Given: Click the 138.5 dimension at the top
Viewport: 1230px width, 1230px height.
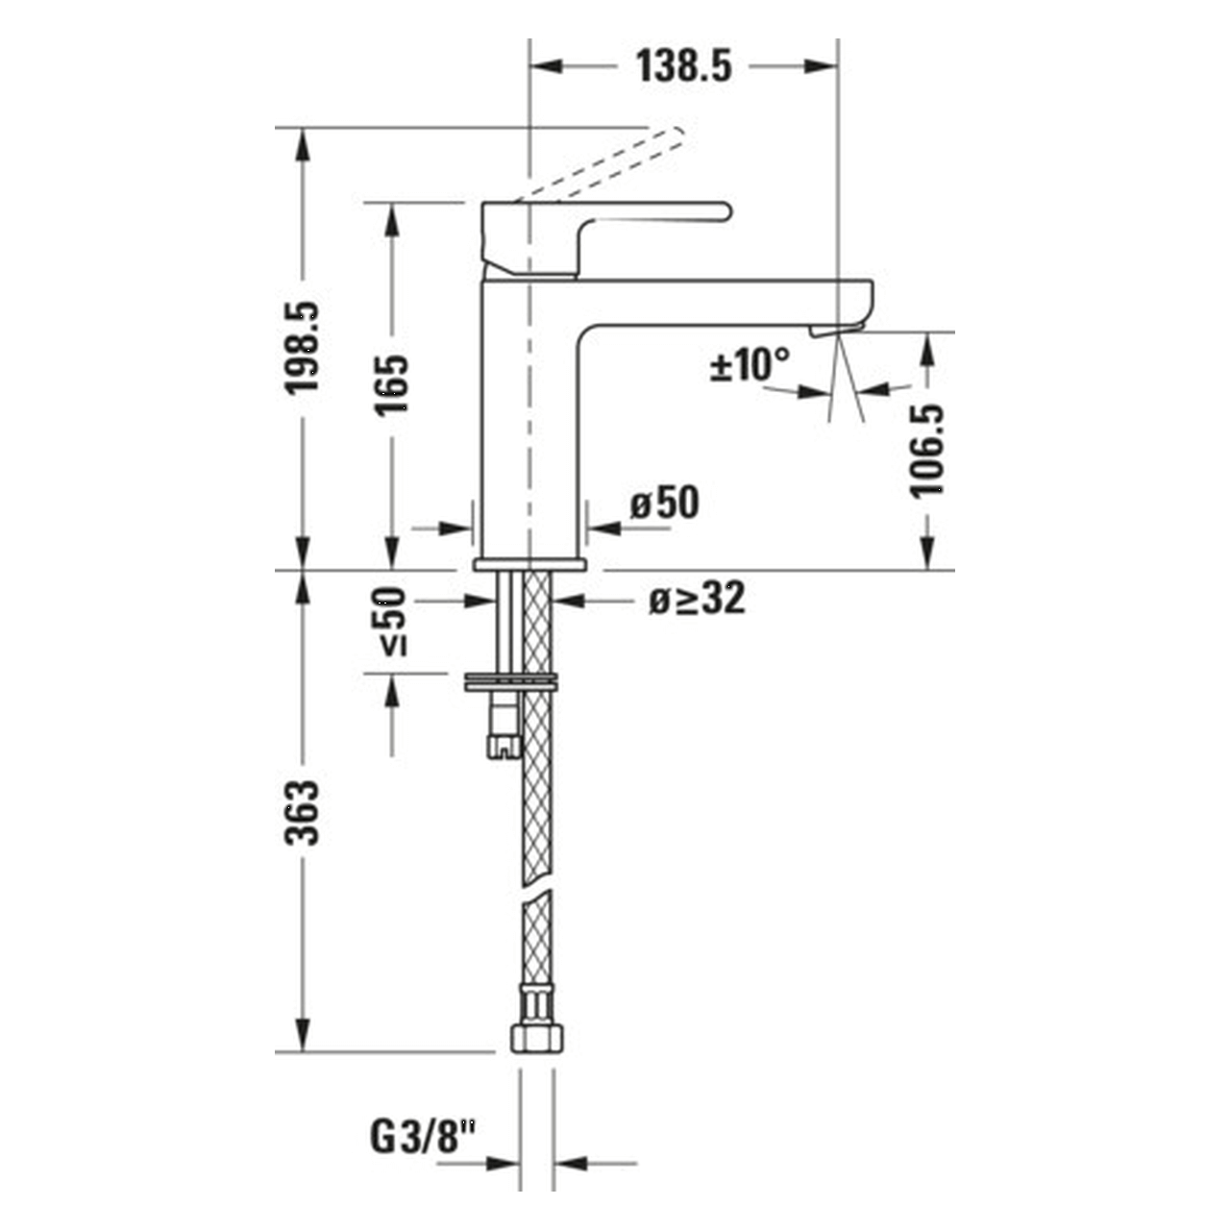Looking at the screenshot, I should click(x=683, y=66).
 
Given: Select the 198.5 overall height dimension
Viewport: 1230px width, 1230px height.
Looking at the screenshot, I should click(x=304, y=348).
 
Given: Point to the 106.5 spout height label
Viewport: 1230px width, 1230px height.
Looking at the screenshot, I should click(x=927, y=450).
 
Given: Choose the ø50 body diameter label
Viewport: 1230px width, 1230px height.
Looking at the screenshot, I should click(x=665, y=503).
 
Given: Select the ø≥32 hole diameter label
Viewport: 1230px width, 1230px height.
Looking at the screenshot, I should click(x=697, y=600).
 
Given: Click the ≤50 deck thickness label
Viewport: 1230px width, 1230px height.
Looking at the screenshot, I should click(x=391, y=621).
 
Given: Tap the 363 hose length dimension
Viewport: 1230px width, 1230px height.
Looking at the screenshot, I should click(x=304, y=812).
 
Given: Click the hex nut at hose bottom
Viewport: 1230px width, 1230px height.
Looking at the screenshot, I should click(x=537, y=1035).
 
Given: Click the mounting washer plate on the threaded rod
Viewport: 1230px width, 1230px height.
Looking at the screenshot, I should click(x=510, y=681).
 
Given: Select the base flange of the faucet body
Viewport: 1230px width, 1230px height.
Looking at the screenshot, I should click(x=530, y=563).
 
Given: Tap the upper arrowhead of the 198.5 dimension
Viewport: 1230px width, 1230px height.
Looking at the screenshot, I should click(x=304, y=144).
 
